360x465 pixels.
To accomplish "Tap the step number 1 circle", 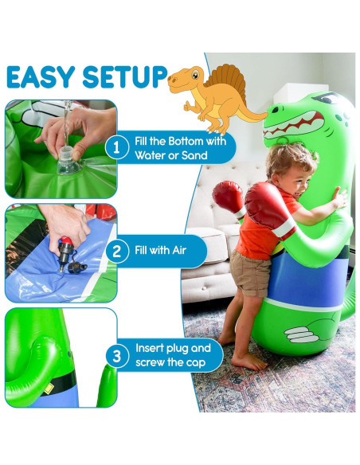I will click(x=117, y=147).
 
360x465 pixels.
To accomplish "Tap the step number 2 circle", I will click(x=117, y=252).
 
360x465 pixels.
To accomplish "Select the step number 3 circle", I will click(x=117, y=356).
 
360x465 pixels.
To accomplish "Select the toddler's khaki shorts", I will click(x=252, y=272).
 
